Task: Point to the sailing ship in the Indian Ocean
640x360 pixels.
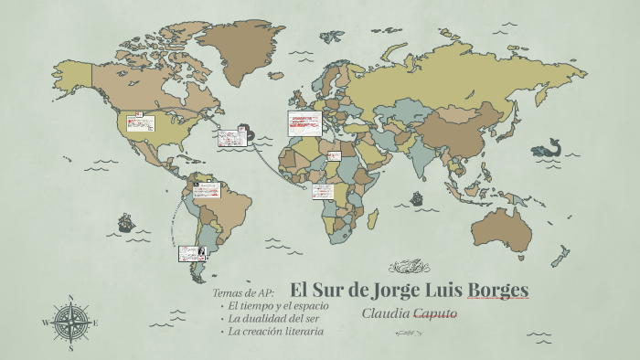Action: point(417,197)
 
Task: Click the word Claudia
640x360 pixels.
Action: point(385,313)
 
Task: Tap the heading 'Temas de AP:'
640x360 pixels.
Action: point(243,292)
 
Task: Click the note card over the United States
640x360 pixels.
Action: point(141,123)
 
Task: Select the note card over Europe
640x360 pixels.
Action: point(304,124)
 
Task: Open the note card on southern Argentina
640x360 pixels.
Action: point(192,253)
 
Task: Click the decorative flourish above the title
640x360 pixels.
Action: point(409,268)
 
